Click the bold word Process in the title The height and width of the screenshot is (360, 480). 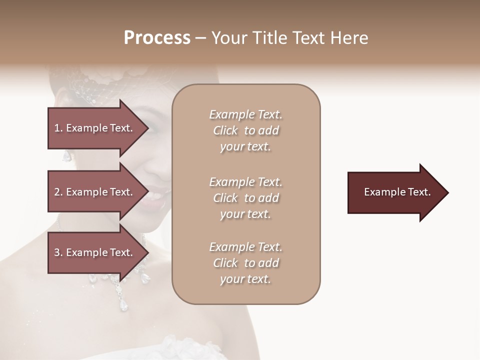click(157, 38)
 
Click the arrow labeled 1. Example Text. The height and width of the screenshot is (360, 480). click(95, 128)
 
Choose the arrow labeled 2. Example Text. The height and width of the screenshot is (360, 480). click(95, 192)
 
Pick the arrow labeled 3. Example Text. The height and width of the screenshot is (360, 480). click(95, 252)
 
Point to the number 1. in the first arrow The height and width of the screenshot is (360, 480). click(58, 128)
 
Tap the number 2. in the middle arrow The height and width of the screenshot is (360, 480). click(58, 192)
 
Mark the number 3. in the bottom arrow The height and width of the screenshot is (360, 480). click(58, 252)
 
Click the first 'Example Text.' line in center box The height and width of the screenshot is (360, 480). click(245, 114)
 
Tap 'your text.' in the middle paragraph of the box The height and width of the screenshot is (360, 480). click(245, 214)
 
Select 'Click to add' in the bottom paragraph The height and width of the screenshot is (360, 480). click(245, 263)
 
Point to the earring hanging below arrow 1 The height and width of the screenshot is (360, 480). click(66, 156)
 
